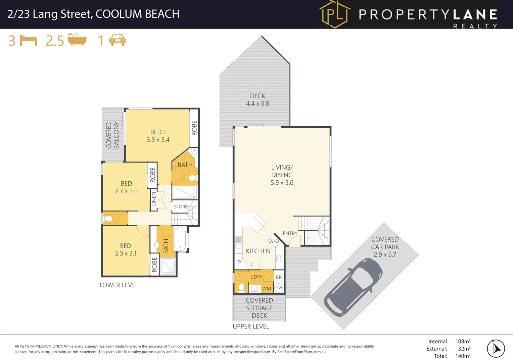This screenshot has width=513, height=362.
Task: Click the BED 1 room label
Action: (x=158, y=136)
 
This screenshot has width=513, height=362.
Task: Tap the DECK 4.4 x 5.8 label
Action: (x=258, y=100)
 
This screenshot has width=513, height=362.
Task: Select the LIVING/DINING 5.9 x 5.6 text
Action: (x=282, y=175)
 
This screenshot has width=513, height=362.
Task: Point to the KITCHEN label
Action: (x=258, y=251)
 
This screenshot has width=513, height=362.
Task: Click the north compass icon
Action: (x=496, y=349)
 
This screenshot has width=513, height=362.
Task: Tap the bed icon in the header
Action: (x=29, y=41)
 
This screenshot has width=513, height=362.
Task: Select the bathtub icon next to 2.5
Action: (x=77, y=40)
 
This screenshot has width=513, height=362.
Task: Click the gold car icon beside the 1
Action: (x=118, y=40)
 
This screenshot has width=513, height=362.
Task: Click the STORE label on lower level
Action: (x=181, y=207)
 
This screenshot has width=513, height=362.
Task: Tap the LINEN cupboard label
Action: (x=154, y=199)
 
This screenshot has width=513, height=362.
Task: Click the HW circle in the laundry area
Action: (x=279, y=288)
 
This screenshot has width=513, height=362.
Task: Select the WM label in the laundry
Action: (x=267, y=289)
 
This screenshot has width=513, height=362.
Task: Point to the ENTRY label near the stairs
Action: (x=290, y=233)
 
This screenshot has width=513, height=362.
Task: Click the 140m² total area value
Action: (x=463, y=356)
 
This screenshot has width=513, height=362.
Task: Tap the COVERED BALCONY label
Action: (x=112, y=135)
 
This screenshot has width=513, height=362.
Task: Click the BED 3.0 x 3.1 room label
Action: (x=126, y=250)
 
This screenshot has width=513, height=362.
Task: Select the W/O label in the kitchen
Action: (x=274, y=241)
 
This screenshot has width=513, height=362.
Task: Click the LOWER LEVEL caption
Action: (x=119, y=285)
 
